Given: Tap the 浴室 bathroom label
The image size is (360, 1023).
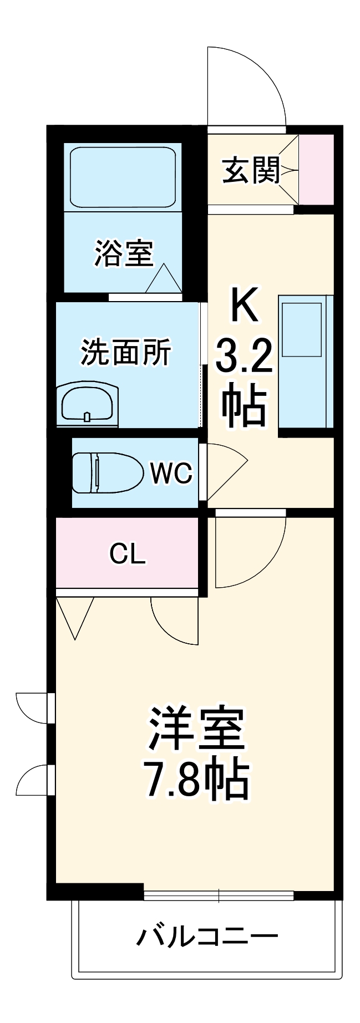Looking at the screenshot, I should (x=123, y=253).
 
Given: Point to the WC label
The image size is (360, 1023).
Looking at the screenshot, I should (x=171, y=473).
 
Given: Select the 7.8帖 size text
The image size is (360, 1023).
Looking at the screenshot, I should (x=196, y=779).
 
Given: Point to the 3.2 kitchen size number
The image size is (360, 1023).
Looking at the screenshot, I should (x=244, y=356).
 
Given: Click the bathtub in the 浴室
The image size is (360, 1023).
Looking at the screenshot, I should (x=123, y=177).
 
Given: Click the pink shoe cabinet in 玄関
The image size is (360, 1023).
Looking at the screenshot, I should (x=317, y=169).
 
